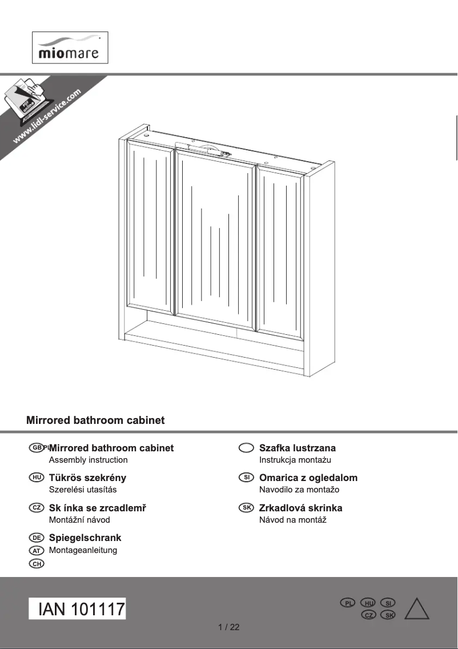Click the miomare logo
69,48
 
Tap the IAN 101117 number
78,609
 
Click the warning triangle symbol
416,609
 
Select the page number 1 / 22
229,627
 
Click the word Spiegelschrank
85,538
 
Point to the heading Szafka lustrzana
297,448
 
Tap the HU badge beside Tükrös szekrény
36,477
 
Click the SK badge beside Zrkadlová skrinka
246,507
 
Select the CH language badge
36,564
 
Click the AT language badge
36,550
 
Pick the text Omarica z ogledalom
308,478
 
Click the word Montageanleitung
83,550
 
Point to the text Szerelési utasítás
83,490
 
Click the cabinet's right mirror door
280,251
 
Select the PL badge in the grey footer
348,603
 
